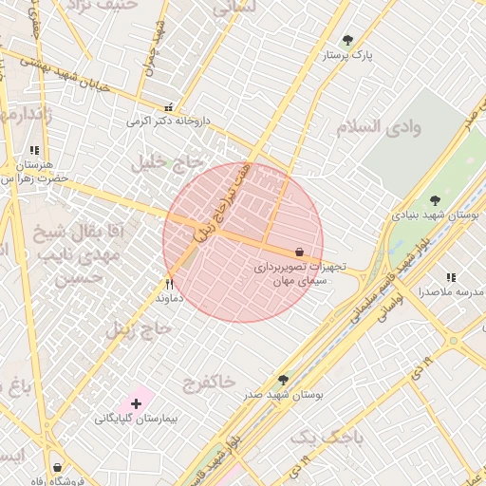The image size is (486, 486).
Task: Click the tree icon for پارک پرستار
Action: (x=347, y=41)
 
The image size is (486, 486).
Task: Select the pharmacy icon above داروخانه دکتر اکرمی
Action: (x=169, y=107)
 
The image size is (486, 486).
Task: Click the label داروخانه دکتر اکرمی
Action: (x=166, y=121)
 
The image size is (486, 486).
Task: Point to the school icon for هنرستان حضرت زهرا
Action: (x=34, y=150)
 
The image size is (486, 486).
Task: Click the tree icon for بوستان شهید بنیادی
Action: (x=435, y=200)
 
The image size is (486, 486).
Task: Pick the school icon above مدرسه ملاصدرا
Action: (x=450, y=277)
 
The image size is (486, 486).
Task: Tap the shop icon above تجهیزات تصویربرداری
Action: (x=300, y=252)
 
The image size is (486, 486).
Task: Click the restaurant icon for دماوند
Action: (x=170, y=283)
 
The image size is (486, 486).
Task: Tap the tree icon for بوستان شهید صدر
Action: (x=283, y=380)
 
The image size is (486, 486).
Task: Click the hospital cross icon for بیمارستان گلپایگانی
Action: (x=137, y=403)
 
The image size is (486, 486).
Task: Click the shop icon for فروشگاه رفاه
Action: (x=58, y=468)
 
